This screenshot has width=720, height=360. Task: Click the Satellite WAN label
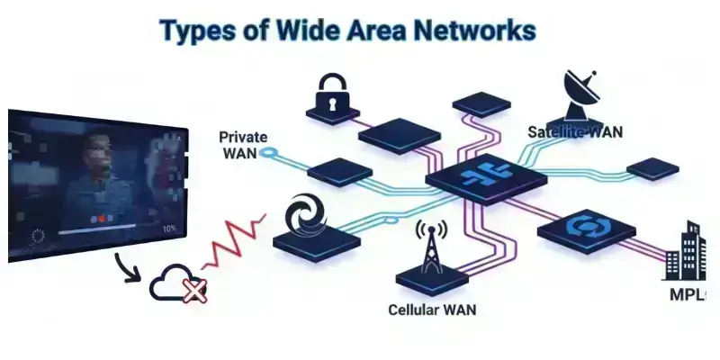pyautogui.click(x=574, y=133)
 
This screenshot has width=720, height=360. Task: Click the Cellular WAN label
pyautogui.click(x=431, y=310)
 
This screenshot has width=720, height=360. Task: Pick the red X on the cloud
pyautogui.click(x=193, y=290)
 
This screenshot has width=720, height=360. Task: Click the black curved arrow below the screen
pyautogui.click(x=131, y=265)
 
